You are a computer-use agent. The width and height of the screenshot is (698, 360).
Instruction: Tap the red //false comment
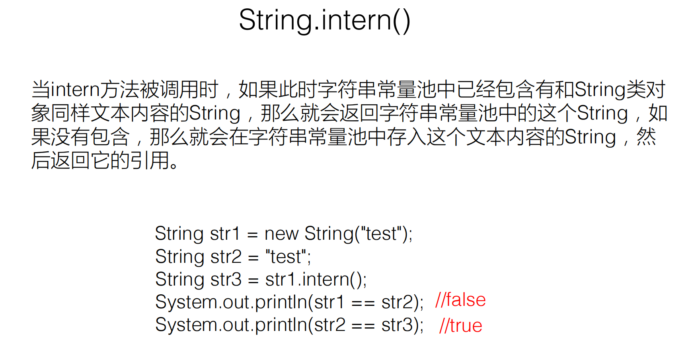point(460,300)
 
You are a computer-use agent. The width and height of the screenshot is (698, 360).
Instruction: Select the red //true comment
point(460,326)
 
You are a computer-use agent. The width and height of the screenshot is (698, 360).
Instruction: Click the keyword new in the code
point(281,234)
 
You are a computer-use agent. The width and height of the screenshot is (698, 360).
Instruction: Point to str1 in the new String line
point(225,234)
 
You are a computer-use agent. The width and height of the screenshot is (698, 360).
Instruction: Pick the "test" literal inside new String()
point(381,234)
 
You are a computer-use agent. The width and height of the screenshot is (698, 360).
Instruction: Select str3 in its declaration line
point(226,280)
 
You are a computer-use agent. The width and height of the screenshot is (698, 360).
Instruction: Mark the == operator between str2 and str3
point(363,326)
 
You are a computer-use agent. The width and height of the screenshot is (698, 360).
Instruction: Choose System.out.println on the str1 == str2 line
point(231,302)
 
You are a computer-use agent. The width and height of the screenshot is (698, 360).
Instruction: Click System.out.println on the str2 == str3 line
point(231,325)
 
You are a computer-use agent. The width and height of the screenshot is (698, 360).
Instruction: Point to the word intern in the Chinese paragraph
point(75,90)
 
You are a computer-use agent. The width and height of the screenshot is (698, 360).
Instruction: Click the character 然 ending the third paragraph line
point(646,137)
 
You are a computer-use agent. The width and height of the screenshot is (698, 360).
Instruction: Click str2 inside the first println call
point(398,302)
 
